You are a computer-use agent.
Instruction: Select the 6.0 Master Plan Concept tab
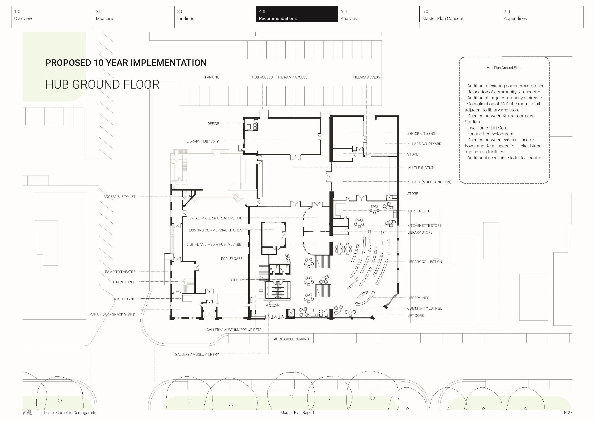[x=443, y=15]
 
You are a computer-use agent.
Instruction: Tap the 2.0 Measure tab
[x=104, y=15]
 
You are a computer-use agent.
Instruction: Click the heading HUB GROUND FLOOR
[x=102, y=85]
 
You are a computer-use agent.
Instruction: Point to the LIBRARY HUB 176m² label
[x=203, y=141]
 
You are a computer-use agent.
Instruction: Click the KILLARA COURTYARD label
[x=424, y=144]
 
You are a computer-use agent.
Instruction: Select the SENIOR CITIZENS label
[x=421, y=134]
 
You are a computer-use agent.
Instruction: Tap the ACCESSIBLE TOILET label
[x=119, y=197]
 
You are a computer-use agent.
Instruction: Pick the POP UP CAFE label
[x=231, y=259]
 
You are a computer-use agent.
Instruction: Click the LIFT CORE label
[x=415, y=316]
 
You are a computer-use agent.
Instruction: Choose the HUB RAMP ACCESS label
[x=292, y=77]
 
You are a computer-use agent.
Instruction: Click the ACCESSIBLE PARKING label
[x=291, y=339]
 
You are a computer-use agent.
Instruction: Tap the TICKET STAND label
[x=124, y=299]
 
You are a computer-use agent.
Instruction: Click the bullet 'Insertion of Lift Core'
[x=486, y=128]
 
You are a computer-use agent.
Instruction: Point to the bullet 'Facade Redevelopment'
[x=489, y=134]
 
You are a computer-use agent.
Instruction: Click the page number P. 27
[x=568, y=412]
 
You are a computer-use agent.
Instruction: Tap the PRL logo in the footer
[x=27, y=412]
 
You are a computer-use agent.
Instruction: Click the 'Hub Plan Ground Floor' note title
[x=504, y=68]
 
